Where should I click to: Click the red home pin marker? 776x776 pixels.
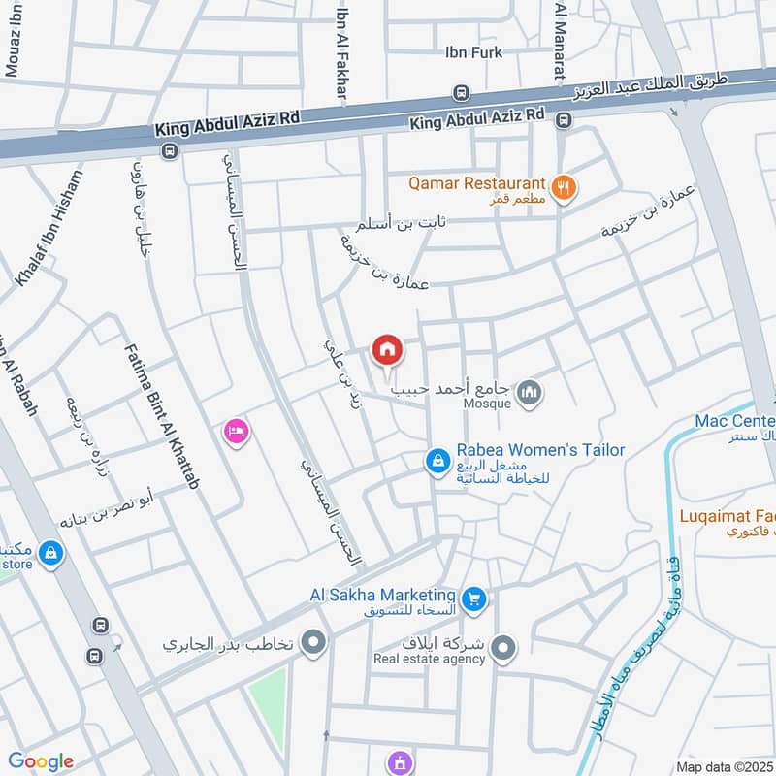(x=387, y=349)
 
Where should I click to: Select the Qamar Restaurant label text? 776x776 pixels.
(x=476, y=182)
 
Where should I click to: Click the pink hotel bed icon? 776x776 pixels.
(x=235, y=431)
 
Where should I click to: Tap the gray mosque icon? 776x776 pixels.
(x=529, y=393)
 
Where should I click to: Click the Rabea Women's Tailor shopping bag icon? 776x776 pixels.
(x=438, y=461)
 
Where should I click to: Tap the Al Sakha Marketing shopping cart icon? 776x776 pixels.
(x=473, y=598)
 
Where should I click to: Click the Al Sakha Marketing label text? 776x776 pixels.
(x=382, y=595)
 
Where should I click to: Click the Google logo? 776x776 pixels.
(x=41, y=761)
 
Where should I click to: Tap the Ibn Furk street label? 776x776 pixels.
(x=473, y=52)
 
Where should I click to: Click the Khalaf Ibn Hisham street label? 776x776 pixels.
(x=49, y=229)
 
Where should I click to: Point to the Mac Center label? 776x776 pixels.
(x=734, y=421)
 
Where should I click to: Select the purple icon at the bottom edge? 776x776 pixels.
(x=397, y=763)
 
